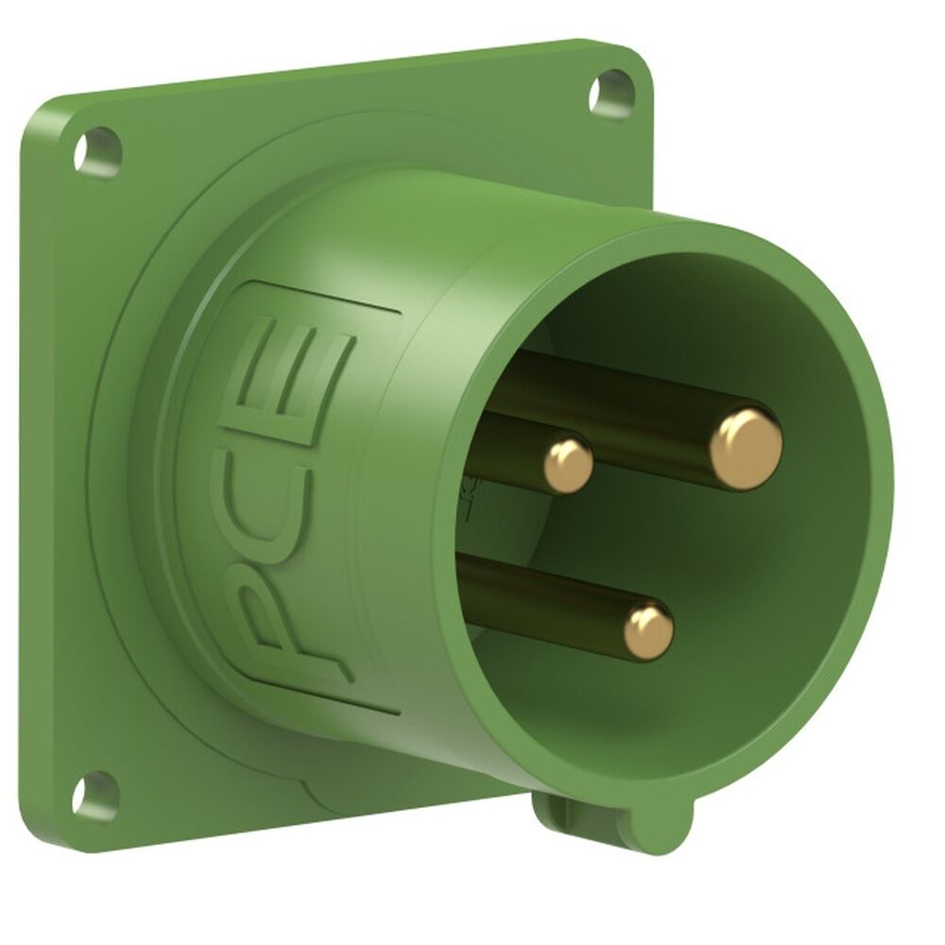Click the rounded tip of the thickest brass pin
click(746, 449)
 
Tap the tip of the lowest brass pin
click(649, 630)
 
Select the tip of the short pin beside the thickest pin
click(568, 463)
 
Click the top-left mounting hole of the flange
click(98, 149)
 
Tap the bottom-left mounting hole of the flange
click(94, 795)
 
